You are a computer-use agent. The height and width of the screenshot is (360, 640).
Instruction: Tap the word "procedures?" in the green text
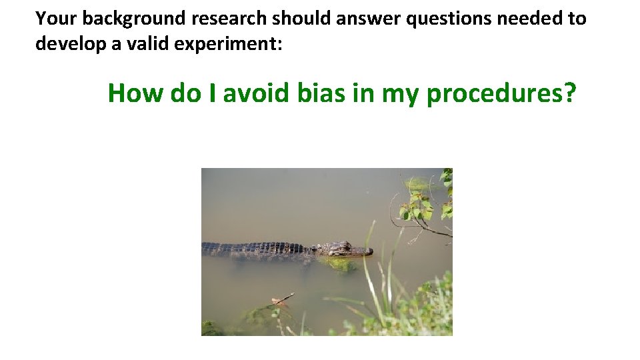pyautogui.click(x=501, y=95)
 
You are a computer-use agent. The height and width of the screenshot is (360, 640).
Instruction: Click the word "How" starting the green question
pyautogui.click(x=135, y=93)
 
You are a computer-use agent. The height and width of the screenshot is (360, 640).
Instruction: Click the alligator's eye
pyautogui.click(x=344, y=247)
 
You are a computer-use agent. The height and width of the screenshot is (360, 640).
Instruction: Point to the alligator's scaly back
pyautogui.click(x=260, y=249)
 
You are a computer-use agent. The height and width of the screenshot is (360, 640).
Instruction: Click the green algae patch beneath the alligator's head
pyautogui.click(x=340, y=265)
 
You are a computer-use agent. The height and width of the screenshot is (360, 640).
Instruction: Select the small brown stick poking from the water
pyautogui.click(x=281, y=299)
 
